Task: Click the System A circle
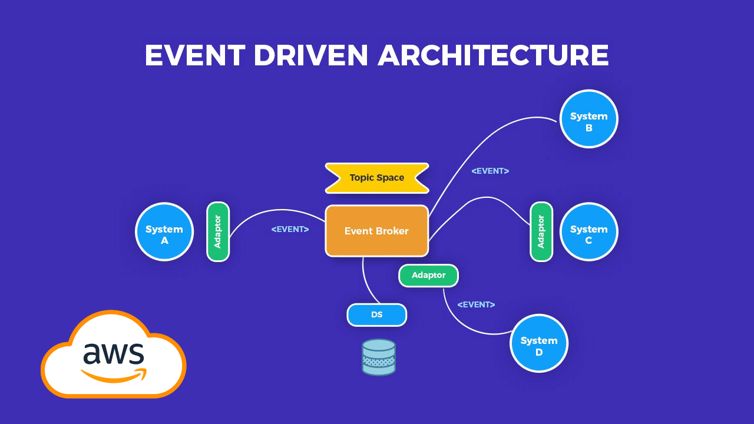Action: tap(164, 231)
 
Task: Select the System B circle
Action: tap(588, 118)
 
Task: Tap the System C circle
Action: tap(588, 231)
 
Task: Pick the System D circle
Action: tap(538, 343)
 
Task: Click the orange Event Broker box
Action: tap(376, 231)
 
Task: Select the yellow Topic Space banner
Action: tap(377, 178)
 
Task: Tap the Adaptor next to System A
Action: tap(217, 231)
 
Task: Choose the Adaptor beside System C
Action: tap(541, 231)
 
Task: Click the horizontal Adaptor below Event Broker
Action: tap(428, 275)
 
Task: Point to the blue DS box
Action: tap(376, 314)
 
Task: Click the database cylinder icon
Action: tap(379, 357)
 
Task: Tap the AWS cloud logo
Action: tap(113, 356)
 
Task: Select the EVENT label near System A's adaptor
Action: tap(290, 229)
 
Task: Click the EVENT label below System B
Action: tap(490, 171)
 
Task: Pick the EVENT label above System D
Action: tap(476, 304)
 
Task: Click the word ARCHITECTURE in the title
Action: tap(493, 55)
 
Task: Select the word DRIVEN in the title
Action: tap(311, 55)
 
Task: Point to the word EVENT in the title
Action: tap(194, 55)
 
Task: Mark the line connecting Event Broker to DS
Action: tap(366, 283)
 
